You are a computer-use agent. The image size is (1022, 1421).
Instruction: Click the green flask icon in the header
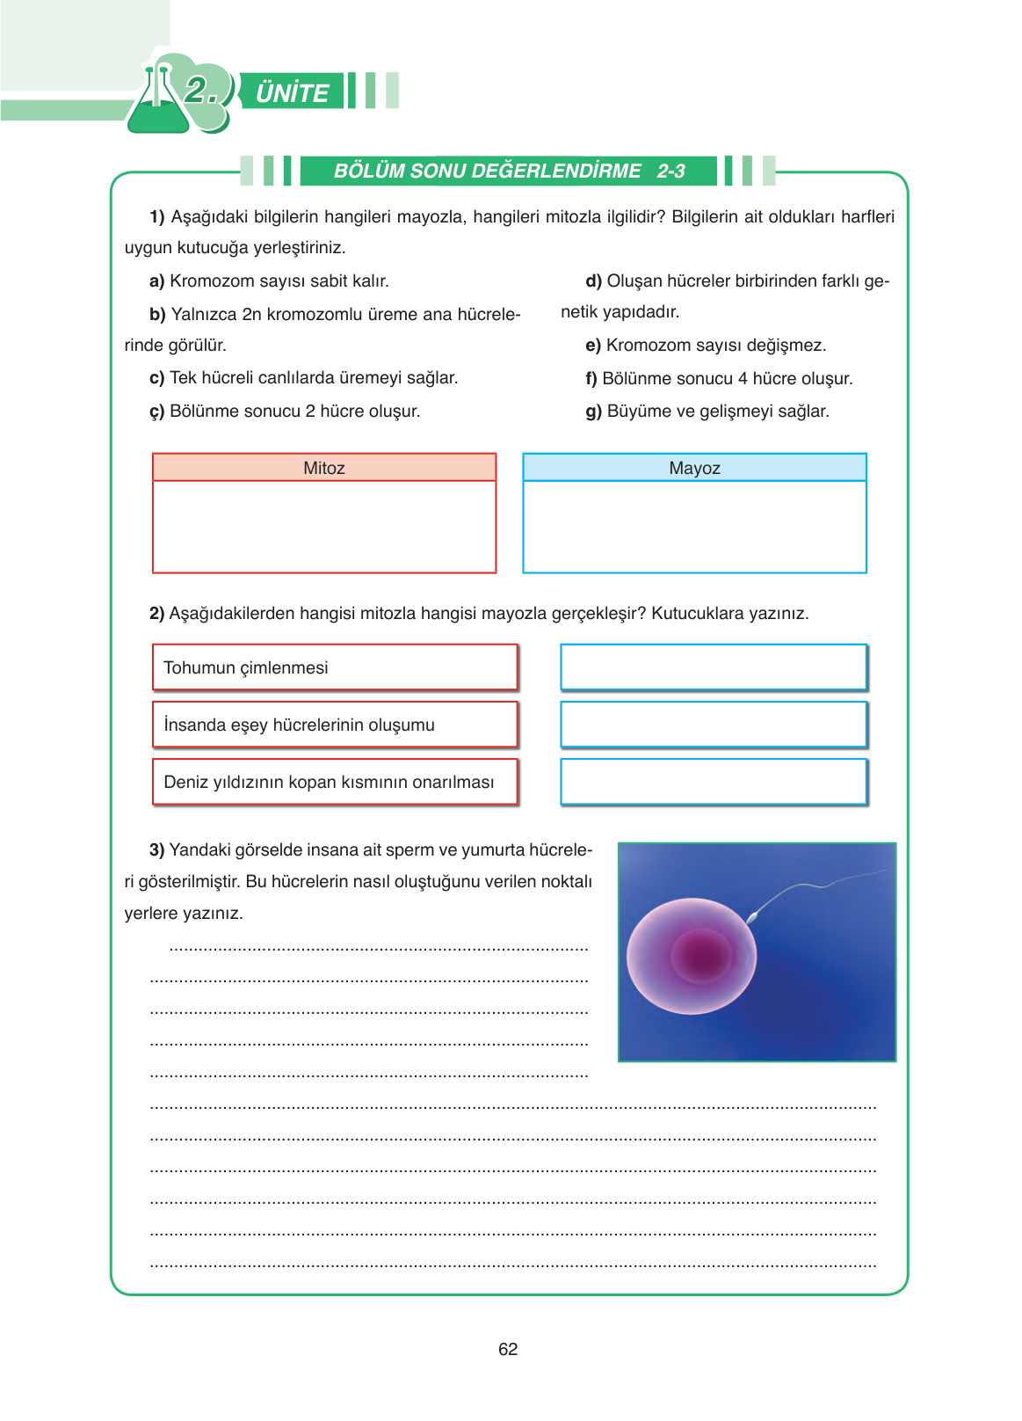tap(157, 104)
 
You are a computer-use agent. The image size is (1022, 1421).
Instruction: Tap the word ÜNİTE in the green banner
tap(292, 93)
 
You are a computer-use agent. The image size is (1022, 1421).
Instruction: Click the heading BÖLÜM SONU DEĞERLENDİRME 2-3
tap(509, 171)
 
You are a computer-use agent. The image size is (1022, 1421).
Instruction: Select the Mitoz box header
tap(324, 468)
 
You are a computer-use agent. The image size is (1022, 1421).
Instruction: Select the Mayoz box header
tap(694, 468)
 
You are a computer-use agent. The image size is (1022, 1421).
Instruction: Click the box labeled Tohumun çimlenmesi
tap(335, 667)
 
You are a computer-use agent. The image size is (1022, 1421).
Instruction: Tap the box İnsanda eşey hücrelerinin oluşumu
tap(335, 725)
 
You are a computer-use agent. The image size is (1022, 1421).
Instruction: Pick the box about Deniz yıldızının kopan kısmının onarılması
tap(335, 782)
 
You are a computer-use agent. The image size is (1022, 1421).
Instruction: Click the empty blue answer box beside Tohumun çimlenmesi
tap(714, 667)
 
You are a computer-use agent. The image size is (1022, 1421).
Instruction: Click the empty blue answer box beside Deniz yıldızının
tap(714, 782)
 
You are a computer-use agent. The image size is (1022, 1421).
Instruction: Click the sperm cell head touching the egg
tap(752, 918)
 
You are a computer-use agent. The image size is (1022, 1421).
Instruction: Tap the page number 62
tap(508, 1349)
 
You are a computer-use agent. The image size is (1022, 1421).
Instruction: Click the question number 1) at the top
tap(157, 217)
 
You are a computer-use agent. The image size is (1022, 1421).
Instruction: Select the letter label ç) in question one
tap(157, 412)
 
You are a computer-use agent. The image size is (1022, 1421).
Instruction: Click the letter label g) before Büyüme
tap(594, 412)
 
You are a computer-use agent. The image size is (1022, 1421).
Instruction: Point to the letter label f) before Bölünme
tap(591, 379)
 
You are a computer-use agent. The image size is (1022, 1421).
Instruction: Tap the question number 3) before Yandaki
tap(157, 850)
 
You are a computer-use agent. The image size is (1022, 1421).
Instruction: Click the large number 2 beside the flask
tap(198, 91)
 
